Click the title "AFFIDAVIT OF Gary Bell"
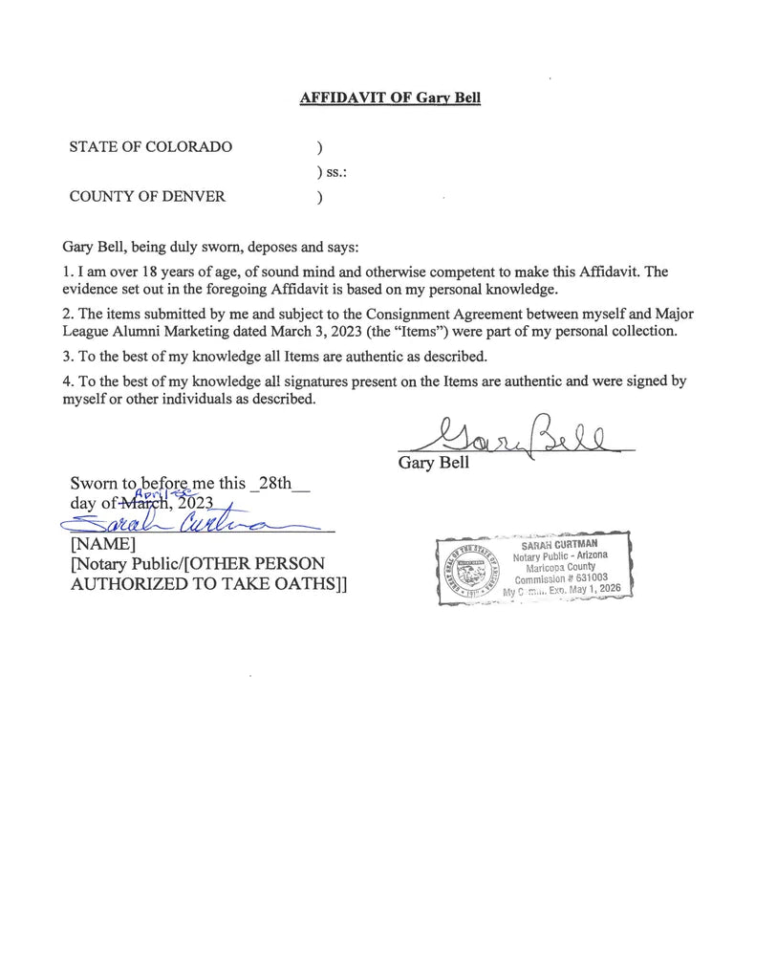pos(390,98)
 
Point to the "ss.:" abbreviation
pos(331,172)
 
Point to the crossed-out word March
pos(140,503)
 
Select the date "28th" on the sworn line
pos(274,483)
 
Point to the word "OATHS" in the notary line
pos(285,584)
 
